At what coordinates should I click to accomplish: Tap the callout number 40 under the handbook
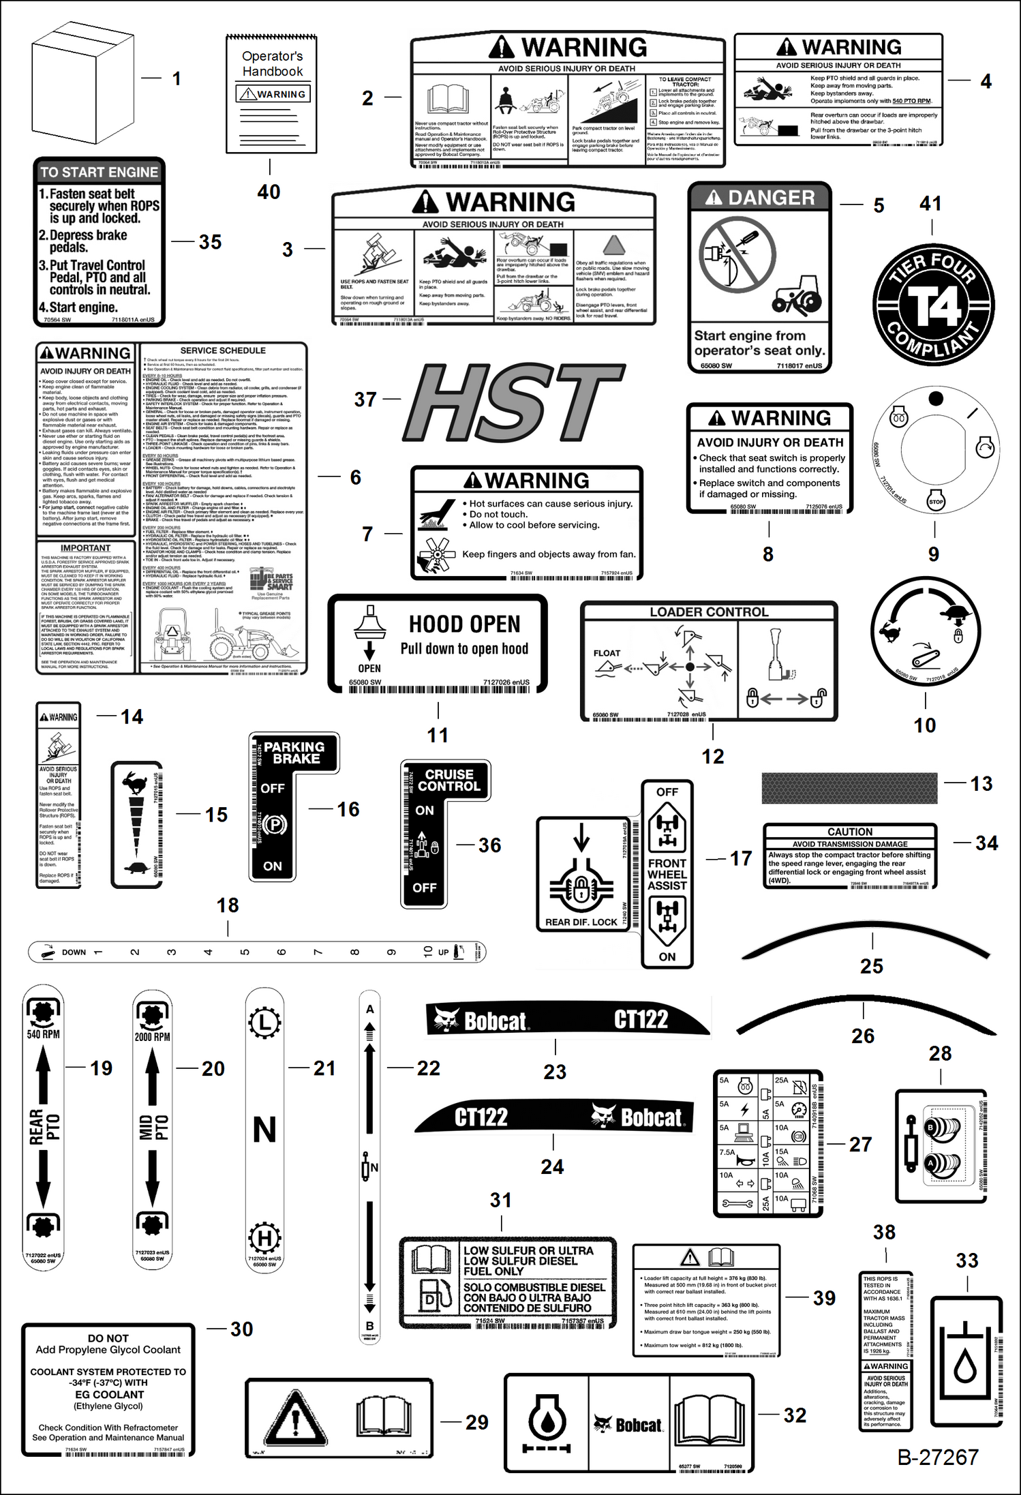pos(269,192)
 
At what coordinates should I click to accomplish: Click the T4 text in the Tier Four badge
pos(934,306)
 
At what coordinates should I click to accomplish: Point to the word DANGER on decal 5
pos(771,198)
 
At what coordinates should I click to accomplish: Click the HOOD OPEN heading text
pos(464,624)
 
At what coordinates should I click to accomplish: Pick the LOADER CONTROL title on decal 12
pos(709,612)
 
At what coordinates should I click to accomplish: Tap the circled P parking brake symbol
pos(274,825)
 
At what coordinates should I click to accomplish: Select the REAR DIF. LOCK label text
pos(581,922)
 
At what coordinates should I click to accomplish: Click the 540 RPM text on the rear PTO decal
pos(43,1034)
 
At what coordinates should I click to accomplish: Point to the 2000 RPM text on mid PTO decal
pos(152,1037)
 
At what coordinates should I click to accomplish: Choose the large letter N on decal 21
pos(264,1130)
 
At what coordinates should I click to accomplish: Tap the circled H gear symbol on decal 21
pos(264,1237)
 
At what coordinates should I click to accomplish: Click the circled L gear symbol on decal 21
pos(264,1023)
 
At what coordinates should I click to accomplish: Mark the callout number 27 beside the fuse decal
pos(860,1144)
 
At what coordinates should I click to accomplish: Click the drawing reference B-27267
pos(938,1457)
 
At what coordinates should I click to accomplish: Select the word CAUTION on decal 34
pos(849,832)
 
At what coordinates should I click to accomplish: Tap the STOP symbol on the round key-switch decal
pos(936,501)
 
